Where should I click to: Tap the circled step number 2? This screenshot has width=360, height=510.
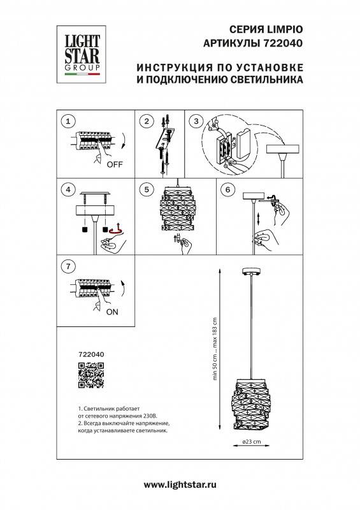click(148, 120)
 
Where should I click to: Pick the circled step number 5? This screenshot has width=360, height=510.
click(148, 189)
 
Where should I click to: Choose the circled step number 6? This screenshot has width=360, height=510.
click(230, 189)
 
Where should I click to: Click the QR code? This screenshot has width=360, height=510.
click(90, 374)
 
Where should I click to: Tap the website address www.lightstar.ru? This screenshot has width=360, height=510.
click(180, 486)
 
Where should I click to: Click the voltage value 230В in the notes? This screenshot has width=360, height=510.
click(141, 416)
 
